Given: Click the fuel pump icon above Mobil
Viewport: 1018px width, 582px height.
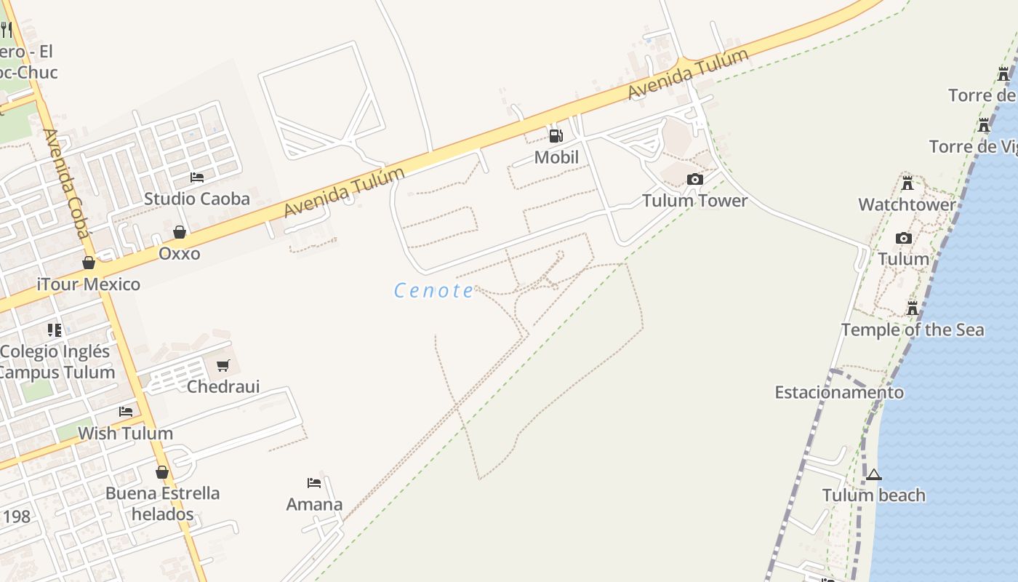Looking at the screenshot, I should tap(556, 135).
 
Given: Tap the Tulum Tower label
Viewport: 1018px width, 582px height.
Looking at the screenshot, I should tap(694, 201).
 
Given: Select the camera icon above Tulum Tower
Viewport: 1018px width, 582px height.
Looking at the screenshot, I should tap(695, 179).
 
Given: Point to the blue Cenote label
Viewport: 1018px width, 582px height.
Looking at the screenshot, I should tap(434, 291).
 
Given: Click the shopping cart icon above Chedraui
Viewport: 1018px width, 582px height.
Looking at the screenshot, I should tap(223, 365).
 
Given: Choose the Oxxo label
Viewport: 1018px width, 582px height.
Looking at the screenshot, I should tap(180, 254).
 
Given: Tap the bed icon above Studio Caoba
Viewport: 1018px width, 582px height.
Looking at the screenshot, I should tap(197, 177).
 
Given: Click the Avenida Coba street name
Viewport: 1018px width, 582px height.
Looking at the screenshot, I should tap(66, 183).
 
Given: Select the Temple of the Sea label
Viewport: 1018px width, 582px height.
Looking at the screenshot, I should tap(913, 330).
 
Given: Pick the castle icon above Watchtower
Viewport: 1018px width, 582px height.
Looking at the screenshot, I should tap(907, 183).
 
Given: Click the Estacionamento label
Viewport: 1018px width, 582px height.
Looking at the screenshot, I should tap(839, 393).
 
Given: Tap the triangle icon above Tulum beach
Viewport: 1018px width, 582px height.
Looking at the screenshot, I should tap(874, 475).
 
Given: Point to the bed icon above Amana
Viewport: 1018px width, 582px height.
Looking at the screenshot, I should tap(314, 483).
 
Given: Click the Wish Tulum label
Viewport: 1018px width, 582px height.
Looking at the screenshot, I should tap(125, 434).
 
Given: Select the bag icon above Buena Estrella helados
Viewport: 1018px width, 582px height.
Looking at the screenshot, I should tap(162, 472).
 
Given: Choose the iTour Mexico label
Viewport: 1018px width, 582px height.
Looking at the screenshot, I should tap(89, 284).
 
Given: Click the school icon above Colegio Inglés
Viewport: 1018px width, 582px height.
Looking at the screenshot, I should tap(55, 330).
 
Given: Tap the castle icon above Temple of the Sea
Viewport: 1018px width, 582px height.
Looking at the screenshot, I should tap(913, 308).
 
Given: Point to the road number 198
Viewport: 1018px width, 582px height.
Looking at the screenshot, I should tap(16, 517).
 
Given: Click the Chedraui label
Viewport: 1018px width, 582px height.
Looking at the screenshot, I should tap(223, 386).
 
